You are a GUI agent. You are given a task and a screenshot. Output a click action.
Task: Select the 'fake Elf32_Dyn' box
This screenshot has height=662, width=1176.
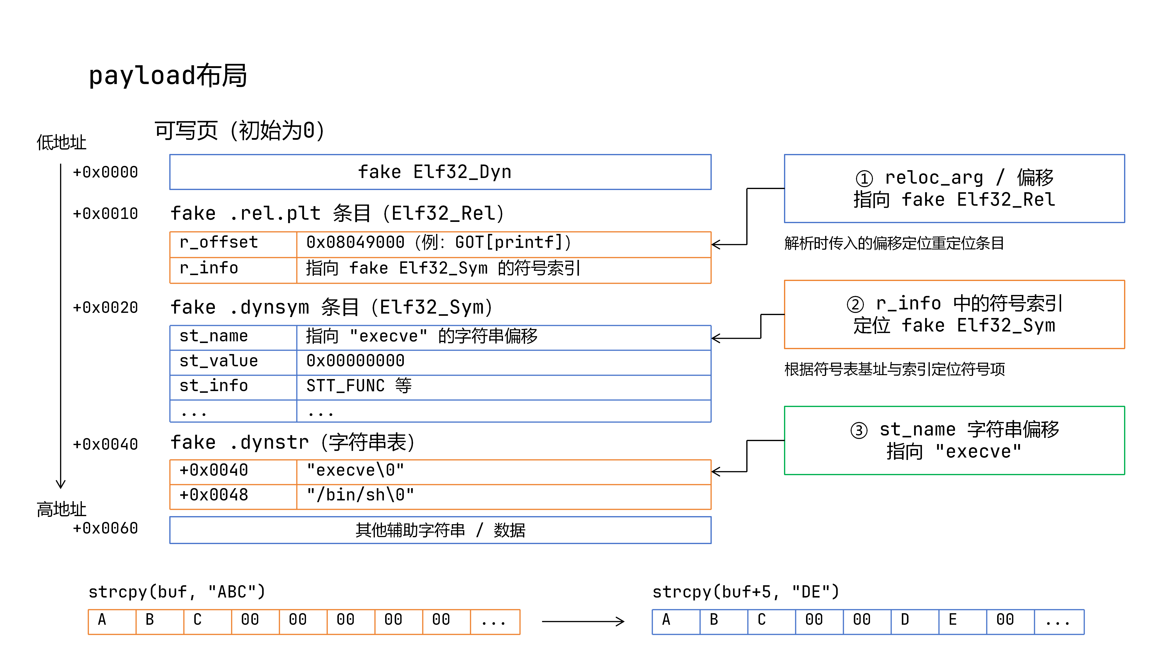[x=440, y=172]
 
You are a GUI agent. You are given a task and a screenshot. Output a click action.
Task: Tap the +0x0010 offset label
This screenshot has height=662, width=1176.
[x=105, y=213]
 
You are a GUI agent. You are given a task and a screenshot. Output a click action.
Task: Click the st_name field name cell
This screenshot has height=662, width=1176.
[x=233, y=338]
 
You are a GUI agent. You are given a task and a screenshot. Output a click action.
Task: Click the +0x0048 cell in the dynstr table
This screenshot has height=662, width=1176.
[x=233, y=496]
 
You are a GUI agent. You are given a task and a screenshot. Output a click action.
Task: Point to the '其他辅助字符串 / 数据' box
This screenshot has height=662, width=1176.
[x=440, y=530]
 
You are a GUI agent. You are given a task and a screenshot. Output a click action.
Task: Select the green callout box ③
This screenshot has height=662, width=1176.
[x=954, y=440]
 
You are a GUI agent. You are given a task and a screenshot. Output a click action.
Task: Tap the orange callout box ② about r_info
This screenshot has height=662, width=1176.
[x=954, y=314]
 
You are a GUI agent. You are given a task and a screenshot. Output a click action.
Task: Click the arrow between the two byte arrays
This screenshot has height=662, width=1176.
[x=583, y=621]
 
